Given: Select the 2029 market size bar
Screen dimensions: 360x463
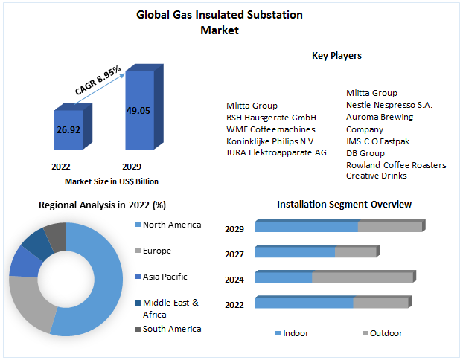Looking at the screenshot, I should click(x=138, y=112).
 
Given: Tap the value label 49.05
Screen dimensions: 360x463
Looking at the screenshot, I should click(x=138, y=110).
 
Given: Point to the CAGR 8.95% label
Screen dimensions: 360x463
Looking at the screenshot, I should click(x=98, y=79).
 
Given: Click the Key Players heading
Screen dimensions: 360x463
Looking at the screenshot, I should click(x=336, y=55).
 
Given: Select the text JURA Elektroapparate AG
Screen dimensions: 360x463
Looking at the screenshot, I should click(x=276, y=152).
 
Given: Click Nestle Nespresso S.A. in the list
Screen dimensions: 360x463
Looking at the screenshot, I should click(x=389, y=105).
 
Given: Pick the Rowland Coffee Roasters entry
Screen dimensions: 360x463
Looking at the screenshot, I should click(x=396, y=164).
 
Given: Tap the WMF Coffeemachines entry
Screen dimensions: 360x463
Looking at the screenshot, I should click(x=265, y=129).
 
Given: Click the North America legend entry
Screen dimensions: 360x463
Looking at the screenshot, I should click(x=172, y=225).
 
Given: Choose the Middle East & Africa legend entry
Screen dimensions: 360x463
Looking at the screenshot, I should click(x=170, y=307).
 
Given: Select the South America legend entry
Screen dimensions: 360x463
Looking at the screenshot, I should click(x=172, y=329).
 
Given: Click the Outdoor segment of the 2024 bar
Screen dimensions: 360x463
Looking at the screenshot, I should click(x=362, y=277).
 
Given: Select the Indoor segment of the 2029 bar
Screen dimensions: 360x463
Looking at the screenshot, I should click(x=307, y=227).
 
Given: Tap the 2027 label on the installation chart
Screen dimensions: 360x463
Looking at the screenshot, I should click(x=234, y=254).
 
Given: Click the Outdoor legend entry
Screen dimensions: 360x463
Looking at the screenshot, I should click(x=386, y=333).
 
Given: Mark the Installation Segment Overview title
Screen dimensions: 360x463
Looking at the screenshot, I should click(x=344, y=204).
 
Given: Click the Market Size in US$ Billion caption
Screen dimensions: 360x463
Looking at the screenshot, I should click(x=112, y=181).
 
